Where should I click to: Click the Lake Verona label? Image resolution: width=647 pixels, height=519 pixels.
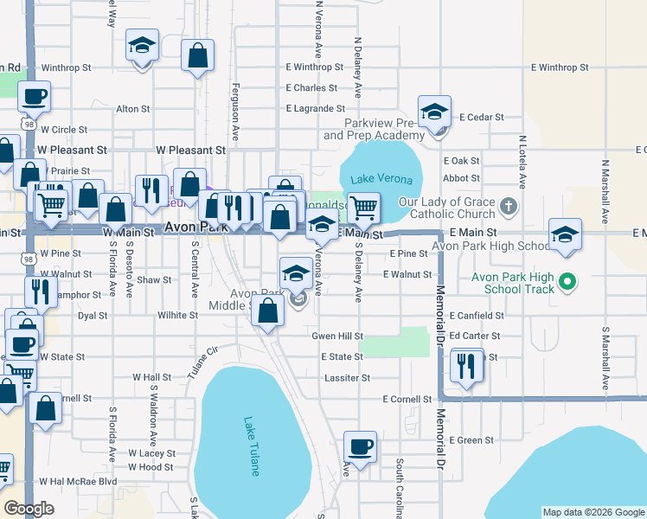pyautogui.click(x=381, y=179)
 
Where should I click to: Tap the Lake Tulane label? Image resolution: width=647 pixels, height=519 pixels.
pyautogui.click(x=252, y=446)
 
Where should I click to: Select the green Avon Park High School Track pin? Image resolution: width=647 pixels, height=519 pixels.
pyautogui.click(x=567, y=282)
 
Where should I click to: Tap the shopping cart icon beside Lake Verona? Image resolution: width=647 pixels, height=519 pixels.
pyautogui.click(x=364, y=207)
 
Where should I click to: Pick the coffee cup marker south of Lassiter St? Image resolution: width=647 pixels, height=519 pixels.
pyautogui.click(x=360, y=447)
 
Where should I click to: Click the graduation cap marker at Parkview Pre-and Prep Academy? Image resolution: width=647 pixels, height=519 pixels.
pyautogui.click(x=434, y=112)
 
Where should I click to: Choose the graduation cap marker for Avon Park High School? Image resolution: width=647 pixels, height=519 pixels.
pyautogui.click(x=565, y=235)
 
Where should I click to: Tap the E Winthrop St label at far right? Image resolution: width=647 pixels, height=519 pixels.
pyautogui.click(x=560, y=67)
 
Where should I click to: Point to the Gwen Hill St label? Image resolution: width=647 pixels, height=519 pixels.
pyautogui.click(x=337, y=336)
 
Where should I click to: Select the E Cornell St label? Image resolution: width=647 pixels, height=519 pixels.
pyautogui.click(x=407, y=400)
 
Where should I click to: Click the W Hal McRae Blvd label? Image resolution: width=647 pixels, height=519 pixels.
pyautogui.click(x=78, y=481)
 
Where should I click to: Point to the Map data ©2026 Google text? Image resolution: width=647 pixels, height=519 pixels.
pyautogui.click(x=593, y=512)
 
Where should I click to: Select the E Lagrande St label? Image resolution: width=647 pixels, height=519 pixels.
pyautogui.click(x=316, y=108)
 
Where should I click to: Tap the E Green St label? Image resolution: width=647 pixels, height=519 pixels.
pyautogui.click(x=471, y=440)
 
